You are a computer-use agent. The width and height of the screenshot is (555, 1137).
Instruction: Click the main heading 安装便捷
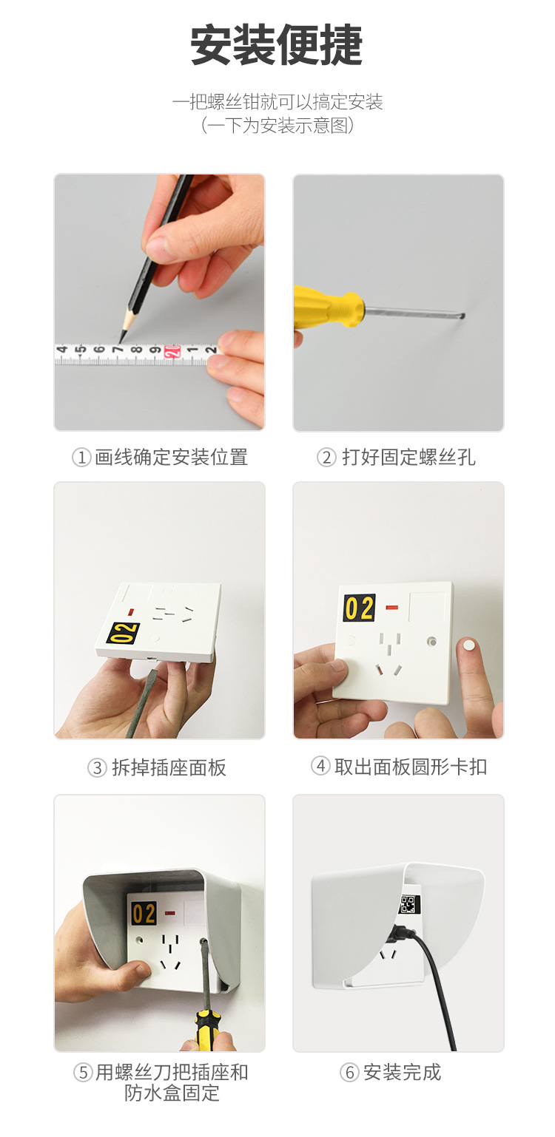[277, 46]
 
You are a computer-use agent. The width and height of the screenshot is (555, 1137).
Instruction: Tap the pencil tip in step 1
[121, 340]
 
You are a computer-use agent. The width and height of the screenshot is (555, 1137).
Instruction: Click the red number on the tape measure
[172, 352]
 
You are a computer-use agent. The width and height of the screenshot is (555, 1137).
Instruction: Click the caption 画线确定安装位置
[171, 457]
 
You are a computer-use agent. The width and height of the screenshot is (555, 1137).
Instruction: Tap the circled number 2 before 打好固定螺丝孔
[326, 458]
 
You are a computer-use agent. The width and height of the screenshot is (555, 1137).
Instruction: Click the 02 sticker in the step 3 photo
[124, 633]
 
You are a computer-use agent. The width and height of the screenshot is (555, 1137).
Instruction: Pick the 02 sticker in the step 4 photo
[359, 608]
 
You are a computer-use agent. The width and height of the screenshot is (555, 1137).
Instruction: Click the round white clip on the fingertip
[468, 645]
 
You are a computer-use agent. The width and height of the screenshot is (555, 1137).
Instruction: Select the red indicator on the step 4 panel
[392, 608]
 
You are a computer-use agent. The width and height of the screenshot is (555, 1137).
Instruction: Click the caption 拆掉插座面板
[169, 767]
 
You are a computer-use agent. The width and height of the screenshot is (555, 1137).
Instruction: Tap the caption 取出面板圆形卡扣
[411, 767]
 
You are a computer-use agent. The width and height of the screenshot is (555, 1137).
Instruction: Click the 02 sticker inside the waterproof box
[144, 914]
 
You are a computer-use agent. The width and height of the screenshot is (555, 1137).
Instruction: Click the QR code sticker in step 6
[408, 904]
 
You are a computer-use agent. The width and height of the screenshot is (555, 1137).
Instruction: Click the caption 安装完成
[402, 1072]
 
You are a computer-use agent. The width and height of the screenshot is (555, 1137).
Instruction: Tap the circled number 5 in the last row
[83, 1073]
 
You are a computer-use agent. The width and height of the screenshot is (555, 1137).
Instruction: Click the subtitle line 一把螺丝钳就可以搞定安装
[277, 102]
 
